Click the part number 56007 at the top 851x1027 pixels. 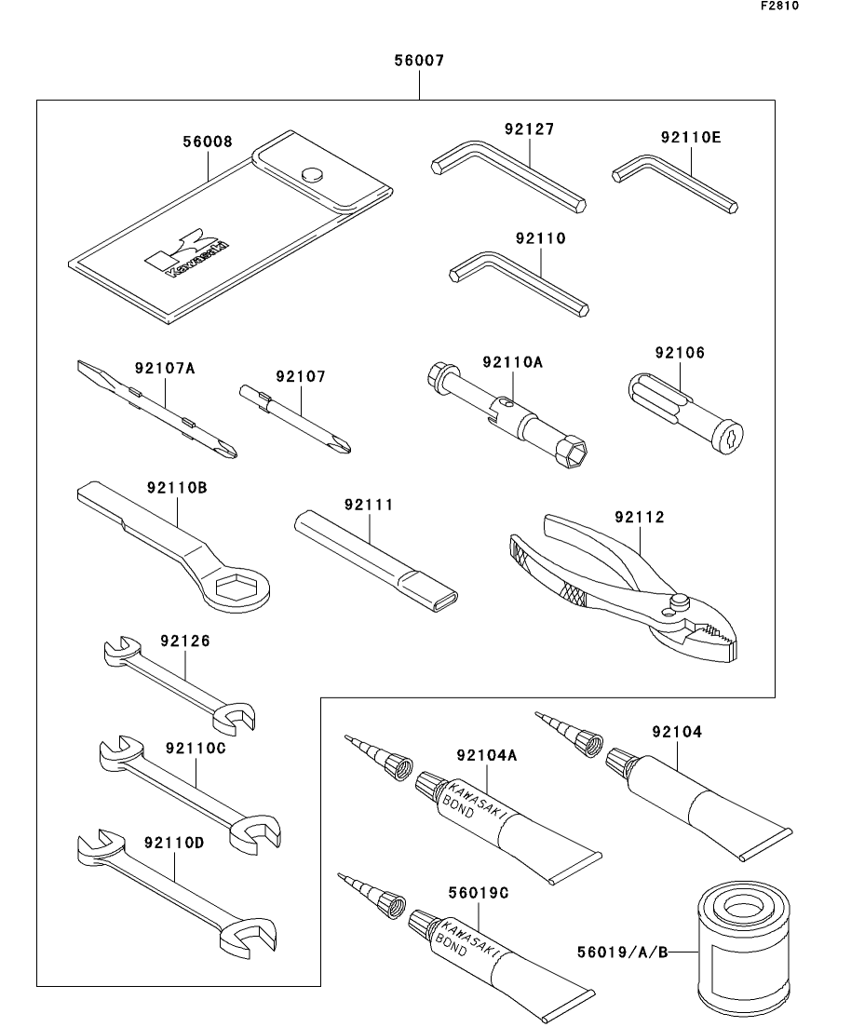click(419, 61)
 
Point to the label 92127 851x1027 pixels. click(529, 129)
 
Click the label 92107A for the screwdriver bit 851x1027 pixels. click(164, 368)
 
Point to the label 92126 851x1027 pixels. click(184, 641)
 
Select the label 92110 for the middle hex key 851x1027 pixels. click(540, 238)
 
